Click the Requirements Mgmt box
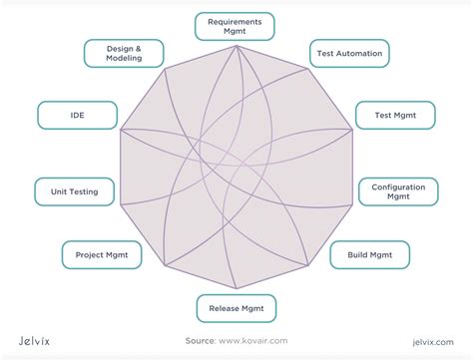click(236, 25)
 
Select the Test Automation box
click(349, 52)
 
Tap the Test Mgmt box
click(395, 115)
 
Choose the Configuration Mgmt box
click(398, 190)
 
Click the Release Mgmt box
click(236, 309)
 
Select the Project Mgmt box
click(101, 255)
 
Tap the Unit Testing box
click(74, 190)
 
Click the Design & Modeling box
click(124, 52)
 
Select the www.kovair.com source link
click(257, 340)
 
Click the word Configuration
click(398, 185)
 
